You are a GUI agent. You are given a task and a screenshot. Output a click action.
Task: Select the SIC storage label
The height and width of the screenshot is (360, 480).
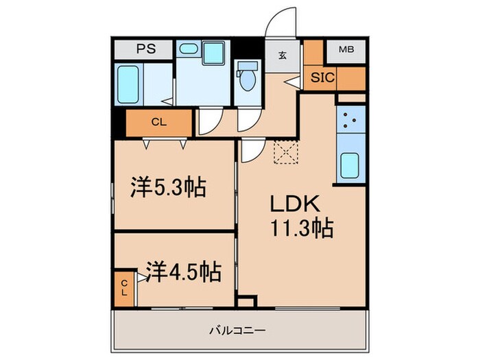pos(322,77)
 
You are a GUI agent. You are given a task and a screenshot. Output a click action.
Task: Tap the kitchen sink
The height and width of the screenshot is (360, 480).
pos(350,164)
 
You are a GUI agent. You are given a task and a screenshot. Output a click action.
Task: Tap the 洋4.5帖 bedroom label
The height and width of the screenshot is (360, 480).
pos(182,273)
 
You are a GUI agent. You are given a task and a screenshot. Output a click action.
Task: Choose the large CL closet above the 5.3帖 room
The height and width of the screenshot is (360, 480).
pos(160,123)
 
